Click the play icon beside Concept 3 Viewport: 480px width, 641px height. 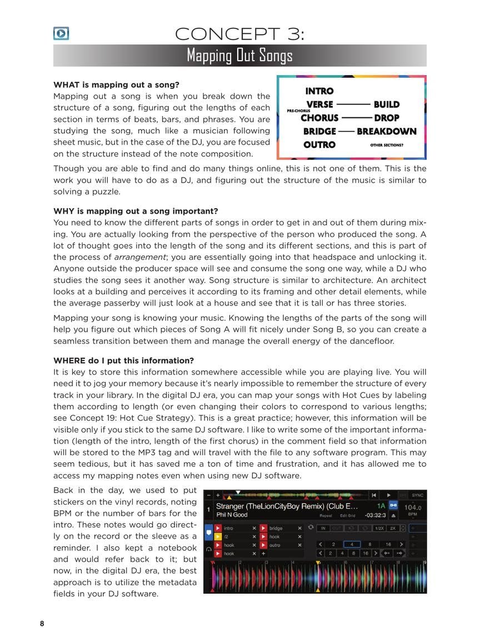[x=61, y=33]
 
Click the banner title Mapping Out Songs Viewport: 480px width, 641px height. [x=239, y=56]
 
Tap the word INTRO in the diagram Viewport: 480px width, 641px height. [x=319, y=91]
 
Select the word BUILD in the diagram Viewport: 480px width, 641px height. [x=386, y=105]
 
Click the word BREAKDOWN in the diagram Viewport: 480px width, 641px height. [x=386, y=131]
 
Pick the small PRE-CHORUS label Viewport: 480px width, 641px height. [x=298, y=111]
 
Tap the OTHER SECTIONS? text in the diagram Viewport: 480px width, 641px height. [x=387, y=145]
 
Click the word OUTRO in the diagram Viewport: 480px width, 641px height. [x=319, y=145]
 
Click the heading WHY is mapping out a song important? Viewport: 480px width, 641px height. [x=136, y=211]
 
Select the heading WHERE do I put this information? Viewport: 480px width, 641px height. [x=123, y=361]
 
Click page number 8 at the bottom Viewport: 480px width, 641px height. [x=42, y=624]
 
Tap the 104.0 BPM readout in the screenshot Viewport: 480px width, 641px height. [x=412, y=507]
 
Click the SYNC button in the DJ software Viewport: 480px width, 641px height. [x=418, y=495]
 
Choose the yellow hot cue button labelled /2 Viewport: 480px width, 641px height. [x=218, y=537]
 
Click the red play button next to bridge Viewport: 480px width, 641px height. [x=263, y=528]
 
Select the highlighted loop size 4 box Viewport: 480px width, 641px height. [x=352, y=545]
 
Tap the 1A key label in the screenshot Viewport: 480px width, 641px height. [x=381, y=506]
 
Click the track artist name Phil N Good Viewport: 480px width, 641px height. [x=232, y=515]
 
